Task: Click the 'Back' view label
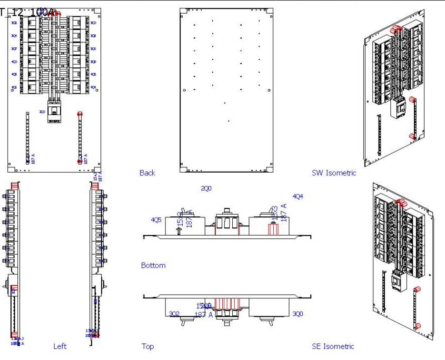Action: click(147, 173)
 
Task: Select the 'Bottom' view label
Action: click(153, 265)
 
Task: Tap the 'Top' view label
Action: click(147, 346)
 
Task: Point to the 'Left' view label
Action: click(60, 346)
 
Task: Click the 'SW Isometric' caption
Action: click(333, 173)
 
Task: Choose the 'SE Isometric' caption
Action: click(333, 346)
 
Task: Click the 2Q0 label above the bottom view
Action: click(206, 188)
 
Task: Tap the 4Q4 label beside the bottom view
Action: click(298, 196)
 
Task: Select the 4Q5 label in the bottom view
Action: click(156, 219)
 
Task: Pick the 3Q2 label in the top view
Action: click(174, 314)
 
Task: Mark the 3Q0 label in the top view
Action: click(298, 314)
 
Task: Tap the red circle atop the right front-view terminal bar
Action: click(80, 114)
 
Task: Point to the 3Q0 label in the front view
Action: click(93, 23)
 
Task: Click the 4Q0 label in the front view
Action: click(14, 62)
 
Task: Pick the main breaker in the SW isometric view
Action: click(399, 108)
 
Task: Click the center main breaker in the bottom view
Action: click(226, 224)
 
